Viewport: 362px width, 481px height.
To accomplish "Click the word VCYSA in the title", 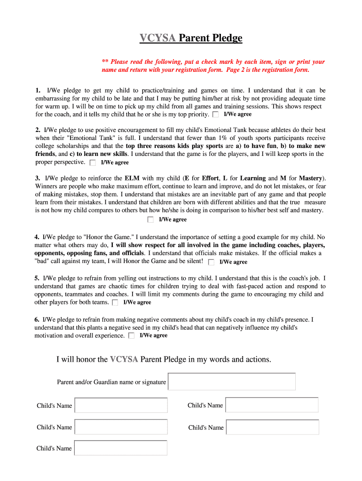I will coord(157,38).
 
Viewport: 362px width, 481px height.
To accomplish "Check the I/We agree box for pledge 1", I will coord(215,114).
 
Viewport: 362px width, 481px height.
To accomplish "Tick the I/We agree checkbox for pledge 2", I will coord(93,163).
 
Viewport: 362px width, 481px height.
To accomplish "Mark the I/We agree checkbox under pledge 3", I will coord(150,219).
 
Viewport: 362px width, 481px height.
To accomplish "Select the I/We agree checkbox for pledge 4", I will coord(211,262).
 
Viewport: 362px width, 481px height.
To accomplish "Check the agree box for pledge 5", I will coord(115,303).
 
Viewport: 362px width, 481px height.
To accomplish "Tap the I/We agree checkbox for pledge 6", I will coord(131,335).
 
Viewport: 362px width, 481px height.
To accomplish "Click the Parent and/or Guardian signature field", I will coord(232,381).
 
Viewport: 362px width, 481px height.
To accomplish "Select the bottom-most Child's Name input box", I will coord(121,448).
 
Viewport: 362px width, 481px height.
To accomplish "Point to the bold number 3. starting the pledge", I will coord(37,178).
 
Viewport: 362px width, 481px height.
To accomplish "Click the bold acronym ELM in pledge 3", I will coord(132,178).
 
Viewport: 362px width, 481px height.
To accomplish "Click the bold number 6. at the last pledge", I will coord(37,319).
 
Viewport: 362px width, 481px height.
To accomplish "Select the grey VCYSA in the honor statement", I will coord(124,359).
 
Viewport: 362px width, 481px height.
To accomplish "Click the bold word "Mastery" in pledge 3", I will coord(310,178).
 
